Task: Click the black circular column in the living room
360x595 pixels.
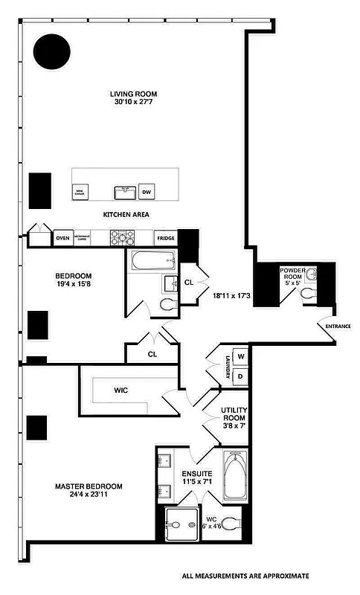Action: point(52,51)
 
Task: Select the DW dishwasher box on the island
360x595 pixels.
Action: point(147,192)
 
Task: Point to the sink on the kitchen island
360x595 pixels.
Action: point(123,193)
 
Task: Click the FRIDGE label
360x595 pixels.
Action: point(165,238)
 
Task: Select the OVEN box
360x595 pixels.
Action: point(63,238)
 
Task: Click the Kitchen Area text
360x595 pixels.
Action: point(126,214)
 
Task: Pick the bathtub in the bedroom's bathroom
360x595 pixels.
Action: point(153,260)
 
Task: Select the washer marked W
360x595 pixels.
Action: point(240,356)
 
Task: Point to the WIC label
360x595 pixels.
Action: point(122,389)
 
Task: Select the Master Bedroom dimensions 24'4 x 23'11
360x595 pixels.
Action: point(89,498)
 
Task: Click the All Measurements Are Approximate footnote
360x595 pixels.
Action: point(245,576)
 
